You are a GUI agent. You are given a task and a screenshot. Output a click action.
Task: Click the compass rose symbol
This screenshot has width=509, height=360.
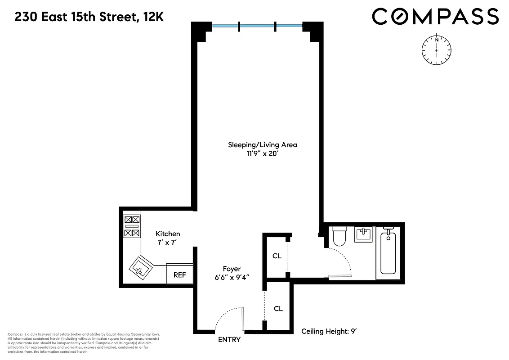(436, 49)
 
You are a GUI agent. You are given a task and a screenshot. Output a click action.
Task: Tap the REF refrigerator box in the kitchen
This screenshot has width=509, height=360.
(179, 274)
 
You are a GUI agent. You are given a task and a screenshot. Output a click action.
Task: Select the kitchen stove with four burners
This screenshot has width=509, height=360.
(132, 226)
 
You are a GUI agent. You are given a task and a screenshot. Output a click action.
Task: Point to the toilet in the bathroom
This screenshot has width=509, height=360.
(339, 236)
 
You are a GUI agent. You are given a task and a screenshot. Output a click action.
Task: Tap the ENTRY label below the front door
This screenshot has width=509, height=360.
(229, 340)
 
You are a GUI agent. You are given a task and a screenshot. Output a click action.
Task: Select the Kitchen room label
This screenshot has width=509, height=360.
(168, 234)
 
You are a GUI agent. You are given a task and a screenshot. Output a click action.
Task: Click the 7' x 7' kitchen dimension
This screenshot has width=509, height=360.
(168, 243)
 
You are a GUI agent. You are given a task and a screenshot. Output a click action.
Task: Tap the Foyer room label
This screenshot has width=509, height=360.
(232, 269)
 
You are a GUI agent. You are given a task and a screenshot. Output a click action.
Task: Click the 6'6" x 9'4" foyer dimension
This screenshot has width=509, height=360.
(232, 278)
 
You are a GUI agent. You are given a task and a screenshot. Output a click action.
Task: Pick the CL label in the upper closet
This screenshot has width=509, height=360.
(277, 256)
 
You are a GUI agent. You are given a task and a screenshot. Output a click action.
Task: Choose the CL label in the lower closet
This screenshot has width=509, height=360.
(278, 309)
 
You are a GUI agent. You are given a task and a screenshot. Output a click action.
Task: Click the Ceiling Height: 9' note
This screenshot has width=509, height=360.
(329, 332)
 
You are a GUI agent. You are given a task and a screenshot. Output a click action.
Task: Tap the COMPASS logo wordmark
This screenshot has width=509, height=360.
(435, 17)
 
